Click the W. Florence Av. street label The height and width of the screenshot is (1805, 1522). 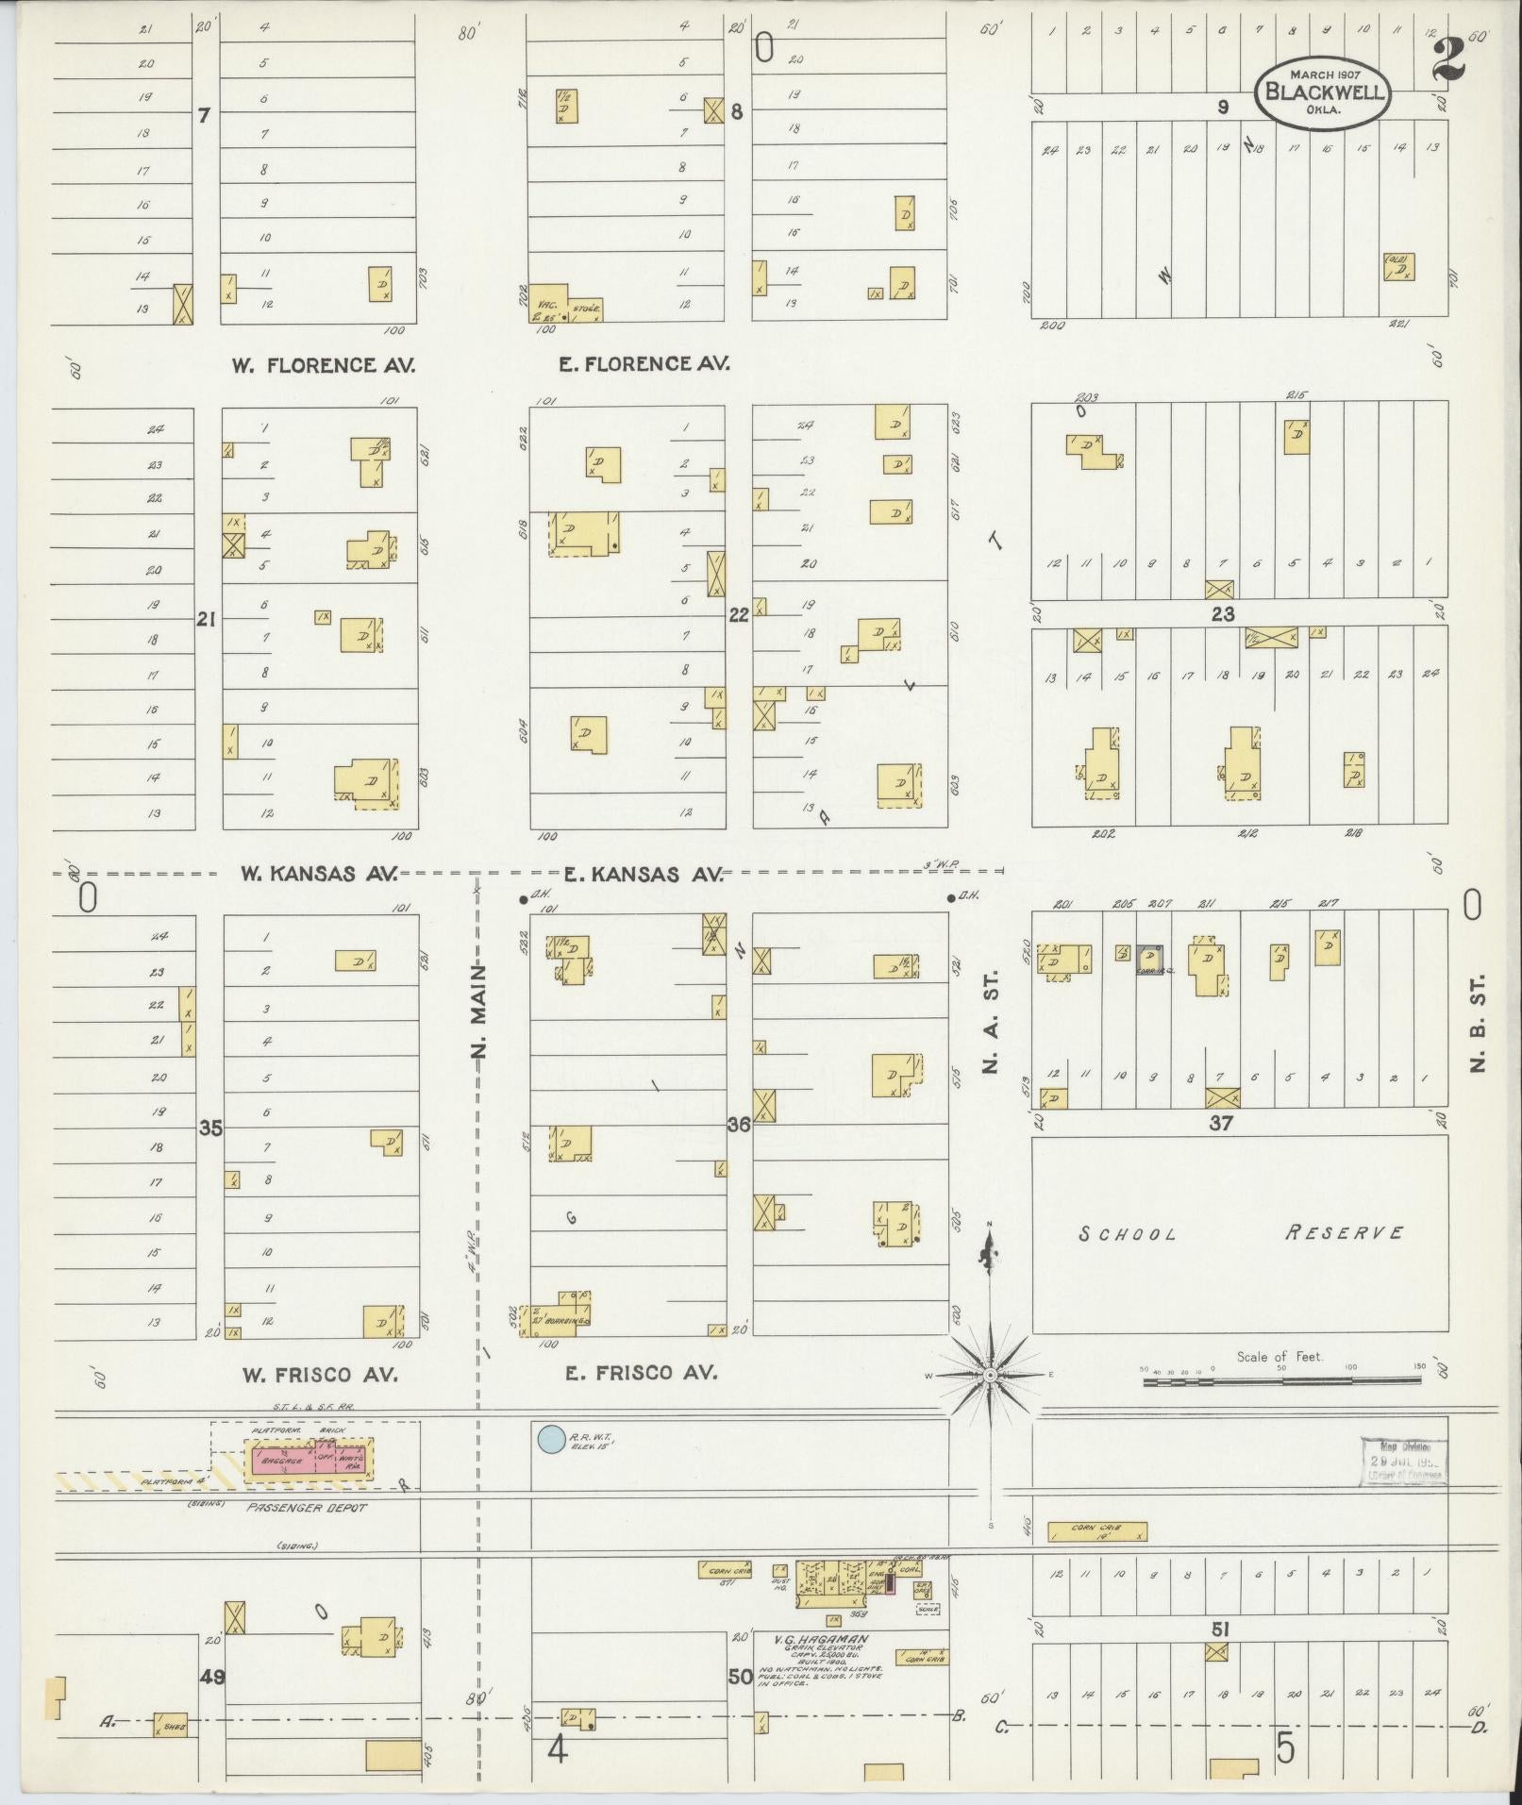pyautogui.click(x=324, y=365)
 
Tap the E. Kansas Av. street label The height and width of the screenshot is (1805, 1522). pyautogui.click(x=644, y=875)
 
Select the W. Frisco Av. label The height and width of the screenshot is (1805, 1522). pyautogui.click(x=320, y=1375)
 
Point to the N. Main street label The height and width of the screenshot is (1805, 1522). pyautogui.click(x=479, y=1011)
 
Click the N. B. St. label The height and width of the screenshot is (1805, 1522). pyautogui.click(x=1478, y=1023)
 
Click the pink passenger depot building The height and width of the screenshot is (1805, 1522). pyautogui.click(x=309, y=1460)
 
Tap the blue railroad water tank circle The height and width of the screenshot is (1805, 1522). pyautogui.click(x=548, y=1440)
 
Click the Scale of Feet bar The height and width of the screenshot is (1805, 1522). pyautogui.click(x=1281, y=1380)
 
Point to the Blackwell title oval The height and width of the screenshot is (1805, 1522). pyautogui.click(x=1321, y=92)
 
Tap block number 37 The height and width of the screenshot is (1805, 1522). pyautogui.click(x=1222, y=1124)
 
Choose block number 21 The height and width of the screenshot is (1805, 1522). pyautogui.click(x=208, y=620)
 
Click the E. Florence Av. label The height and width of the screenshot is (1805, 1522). pyautogui.click(x=644, y=363)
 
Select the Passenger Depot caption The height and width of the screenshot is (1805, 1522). pyautogui.click(x=307, y=1508)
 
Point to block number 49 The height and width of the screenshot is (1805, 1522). pyautogui.click(x=211, y=1677)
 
